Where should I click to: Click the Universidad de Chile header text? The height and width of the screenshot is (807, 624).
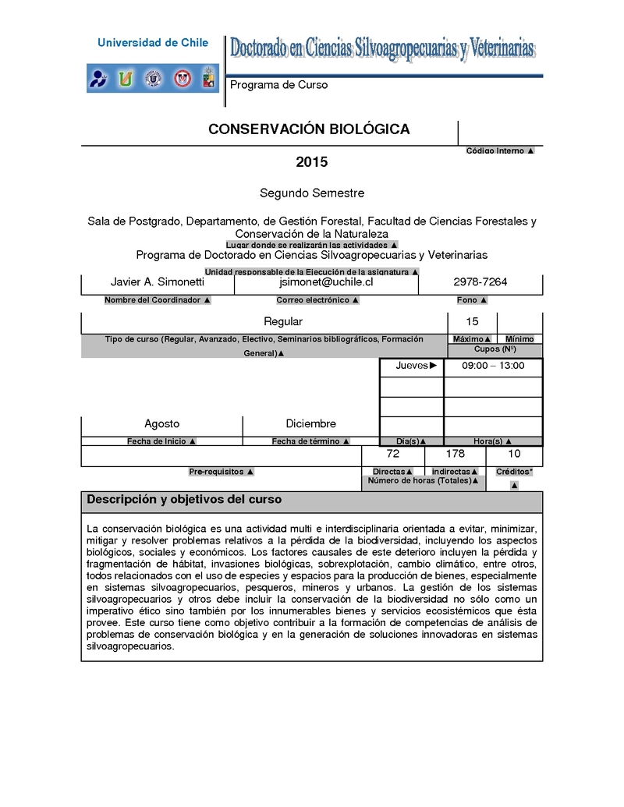tap(153, 43)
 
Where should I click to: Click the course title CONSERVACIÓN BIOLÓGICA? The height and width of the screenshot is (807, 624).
tap(309, 129)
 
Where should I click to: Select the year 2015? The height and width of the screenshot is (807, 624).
tap(311, 162)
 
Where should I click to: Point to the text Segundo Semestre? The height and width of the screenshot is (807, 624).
tap(311, 193)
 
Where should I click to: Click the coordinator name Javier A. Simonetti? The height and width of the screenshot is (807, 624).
tap(158, 281)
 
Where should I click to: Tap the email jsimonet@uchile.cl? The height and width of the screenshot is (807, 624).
tap(326, 281)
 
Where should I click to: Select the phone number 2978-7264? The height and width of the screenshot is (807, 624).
tap(480, 281)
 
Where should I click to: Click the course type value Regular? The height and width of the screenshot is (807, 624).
tap(283, 321)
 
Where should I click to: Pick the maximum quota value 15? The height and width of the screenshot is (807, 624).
tap(472, 321)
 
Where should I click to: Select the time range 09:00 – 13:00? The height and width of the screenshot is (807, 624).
tap(493, 366)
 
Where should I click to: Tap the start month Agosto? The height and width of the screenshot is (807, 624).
tap(161, 423)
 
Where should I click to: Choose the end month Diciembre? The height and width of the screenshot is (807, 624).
tap(310, 423)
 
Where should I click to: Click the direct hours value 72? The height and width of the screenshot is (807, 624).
tap(393, 453)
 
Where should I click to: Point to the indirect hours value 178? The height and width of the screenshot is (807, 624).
tap(455, 453)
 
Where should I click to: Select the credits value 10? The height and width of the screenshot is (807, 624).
tap(514, 453)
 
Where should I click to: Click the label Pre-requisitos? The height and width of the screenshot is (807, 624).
tap(221, 472)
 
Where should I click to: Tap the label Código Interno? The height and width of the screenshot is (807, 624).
tap(500, 150)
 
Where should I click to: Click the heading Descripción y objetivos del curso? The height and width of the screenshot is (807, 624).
tap(184, 500)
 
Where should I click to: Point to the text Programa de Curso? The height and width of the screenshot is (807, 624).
tap(278, 85)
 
